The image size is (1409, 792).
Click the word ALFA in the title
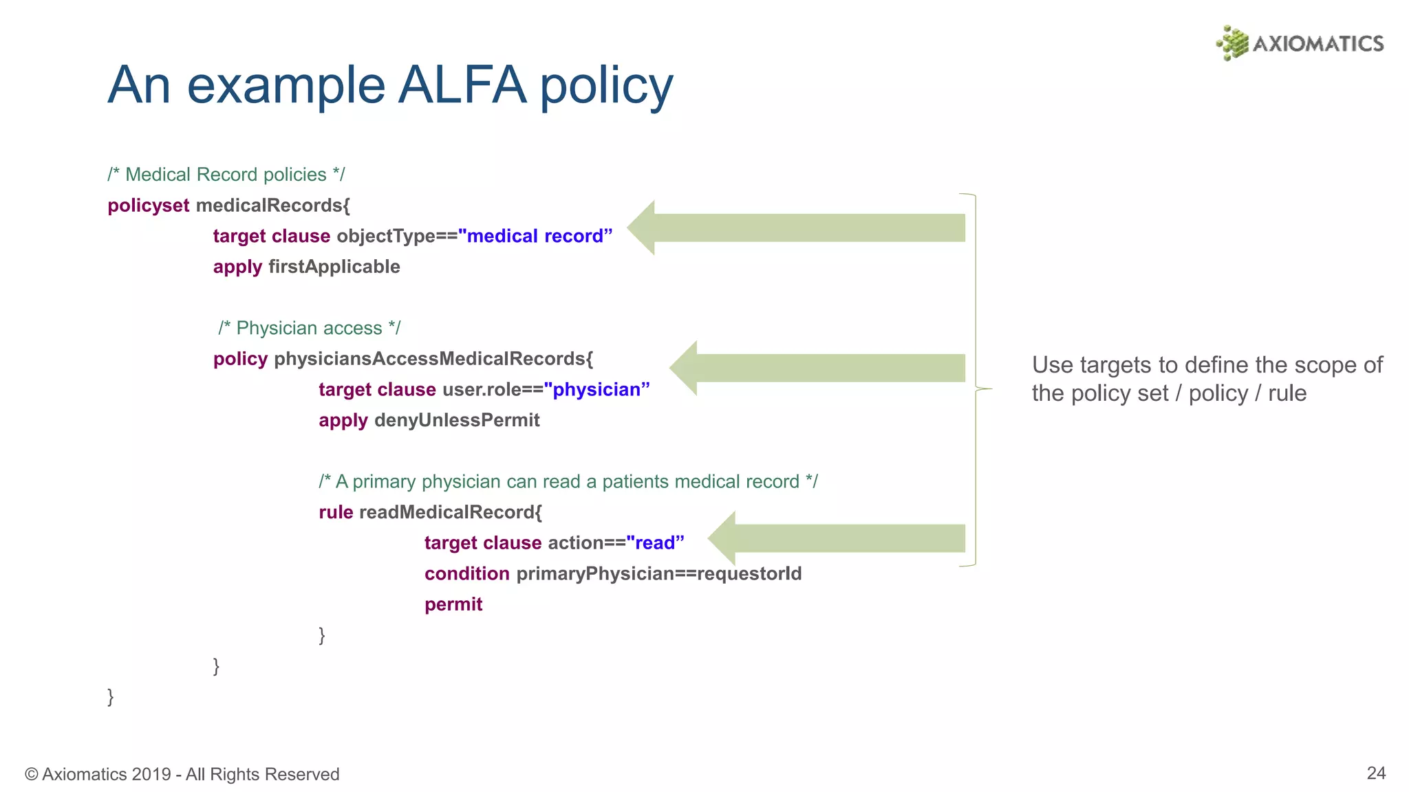pos(462,85)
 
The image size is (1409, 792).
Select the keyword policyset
pos(148,206)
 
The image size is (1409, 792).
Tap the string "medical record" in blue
pos(535,236)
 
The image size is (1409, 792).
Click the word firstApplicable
pos(334,267)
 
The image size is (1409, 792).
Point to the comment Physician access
pos(309,328)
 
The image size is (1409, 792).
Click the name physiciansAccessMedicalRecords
pos(433,359)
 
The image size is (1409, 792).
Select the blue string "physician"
pos(596,390)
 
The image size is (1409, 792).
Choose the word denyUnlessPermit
pos(456,420)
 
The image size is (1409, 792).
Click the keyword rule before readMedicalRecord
pos(336,512)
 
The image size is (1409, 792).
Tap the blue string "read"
pos(655,543)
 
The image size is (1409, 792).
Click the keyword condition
pos(466,573)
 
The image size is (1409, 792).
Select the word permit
pos(453,604)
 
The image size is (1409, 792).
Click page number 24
pos(1375,773)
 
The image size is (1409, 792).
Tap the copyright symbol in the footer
pos(31,775)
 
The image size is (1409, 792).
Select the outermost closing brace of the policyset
pos(111,696)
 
